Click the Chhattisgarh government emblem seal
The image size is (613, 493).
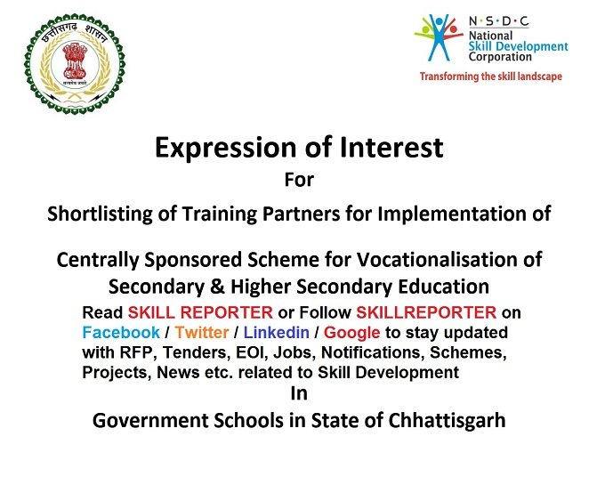75,64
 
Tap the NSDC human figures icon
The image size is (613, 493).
439,37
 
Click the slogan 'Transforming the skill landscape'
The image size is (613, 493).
490,77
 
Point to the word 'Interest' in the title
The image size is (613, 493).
391,148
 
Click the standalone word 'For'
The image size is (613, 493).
299,180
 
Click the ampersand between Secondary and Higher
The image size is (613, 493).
217,287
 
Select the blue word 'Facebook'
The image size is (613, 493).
121,333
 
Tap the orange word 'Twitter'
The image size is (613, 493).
202,333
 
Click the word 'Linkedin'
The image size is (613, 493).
277,333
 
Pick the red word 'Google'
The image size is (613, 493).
351,333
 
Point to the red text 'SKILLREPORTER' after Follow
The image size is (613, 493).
426,312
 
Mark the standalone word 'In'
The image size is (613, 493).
299,393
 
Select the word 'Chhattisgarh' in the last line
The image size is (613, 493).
447,421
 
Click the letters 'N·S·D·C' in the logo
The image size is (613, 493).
499,21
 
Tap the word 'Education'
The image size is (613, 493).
444,287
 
